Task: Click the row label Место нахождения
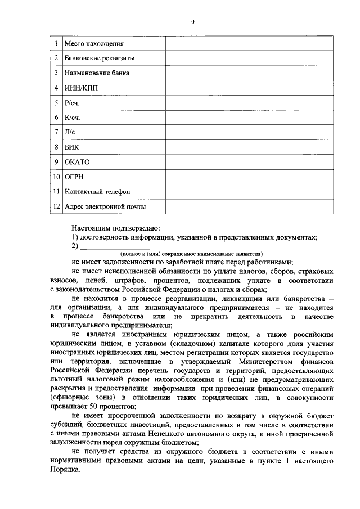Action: pyautogui.click(x=94, y=43)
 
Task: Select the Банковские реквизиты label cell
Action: pyautogui.click(x=99, y=58)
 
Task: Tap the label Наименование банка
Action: pyautogui.click(x=97, y=73)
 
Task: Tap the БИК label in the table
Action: pyautogui.click(x=72, y=147)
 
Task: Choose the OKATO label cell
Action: pyautogui.click(x=77, y=162)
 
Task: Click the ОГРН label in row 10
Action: pyautogui.click(x=74, y=177)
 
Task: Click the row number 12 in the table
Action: pyautogui.click(x=56, y=206)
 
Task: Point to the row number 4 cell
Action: pyautogui.click(x=56, y=88)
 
